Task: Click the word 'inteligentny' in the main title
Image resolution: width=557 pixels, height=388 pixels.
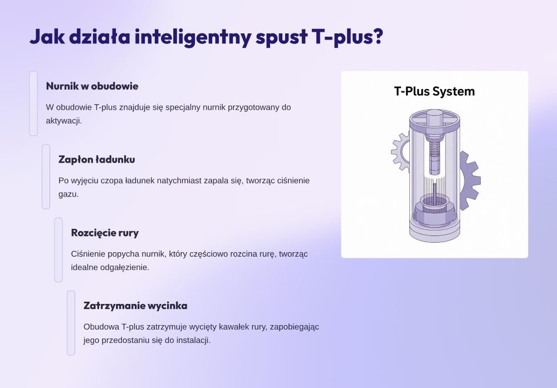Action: (193, 37)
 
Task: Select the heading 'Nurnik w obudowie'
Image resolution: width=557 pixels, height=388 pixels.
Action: (92, 86)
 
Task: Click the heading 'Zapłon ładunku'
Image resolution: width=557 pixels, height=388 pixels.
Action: (96, 159)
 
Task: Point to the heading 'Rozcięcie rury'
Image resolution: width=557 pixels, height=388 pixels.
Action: (105, 233)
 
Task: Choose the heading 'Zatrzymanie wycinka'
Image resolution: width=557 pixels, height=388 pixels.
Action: (135, 306)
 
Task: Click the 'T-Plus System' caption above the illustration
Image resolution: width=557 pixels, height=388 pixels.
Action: (434, 91)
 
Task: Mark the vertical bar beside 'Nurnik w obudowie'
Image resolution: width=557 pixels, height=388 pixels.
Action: (33, 104)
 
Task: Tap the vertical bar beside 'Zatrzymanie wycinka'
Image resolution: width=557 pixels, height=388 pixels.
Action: (71, 323)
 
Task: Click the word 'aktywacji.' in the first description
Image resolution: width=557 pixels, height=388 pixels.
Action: (64, 121)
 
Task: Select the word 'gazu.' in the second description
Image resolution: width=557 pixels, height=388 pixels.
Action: (69, 194)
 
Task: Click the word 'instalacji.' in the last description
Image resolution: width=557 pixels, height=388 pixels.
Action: (194, 340)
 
